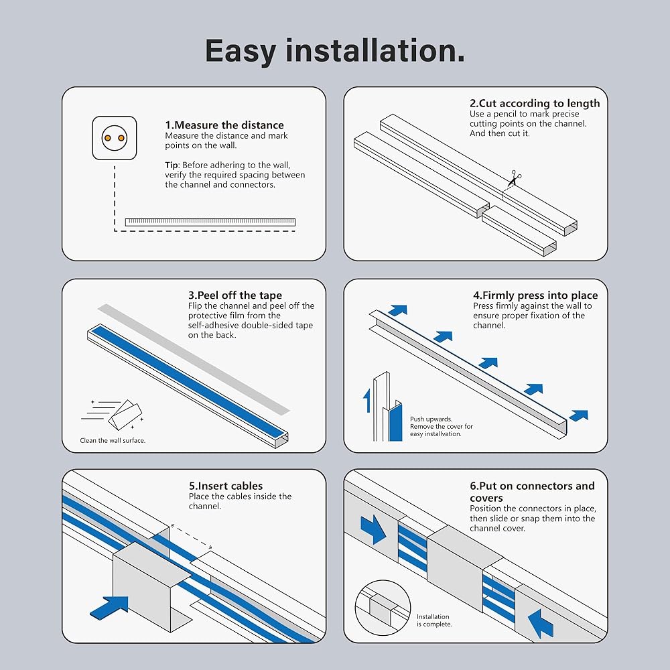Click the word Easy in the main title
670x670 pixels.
[x=241, y=52]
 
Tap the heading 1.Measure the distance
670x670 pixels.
[x=224, y=125]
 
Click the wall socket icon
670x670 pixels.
[x=115, y=138]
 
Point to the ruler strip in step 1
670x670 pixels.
[x=210, y=222]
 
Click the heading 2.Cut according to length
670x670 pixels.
[x=535, y=103]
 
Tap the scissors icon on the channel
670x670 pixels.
[x=515, y=178]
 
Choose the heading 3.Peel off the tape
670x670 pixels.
[x=235, y=295]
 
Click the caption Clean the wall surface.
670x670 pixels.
[x=113, y=441]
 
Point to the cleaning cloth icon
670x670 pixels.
[x=125, y=414]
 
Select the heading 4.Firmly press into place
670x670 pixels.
[x=535, y=295]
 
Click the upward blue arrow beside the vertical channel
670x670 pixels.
[x=366, y=401]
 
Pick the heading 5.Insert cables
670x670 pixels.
[x=226, y=486]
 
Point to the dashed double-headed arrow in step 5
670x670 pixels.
[x=192, y=536]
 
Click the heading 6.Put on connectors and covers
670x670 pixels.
[x=532, y=492]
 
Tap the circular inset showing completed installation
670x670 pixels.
[x=383, y=607]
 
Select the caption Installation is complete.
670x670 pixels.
[x=434, y=620]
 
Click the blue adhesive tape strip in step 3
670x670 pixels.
[x=188, y=381]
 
